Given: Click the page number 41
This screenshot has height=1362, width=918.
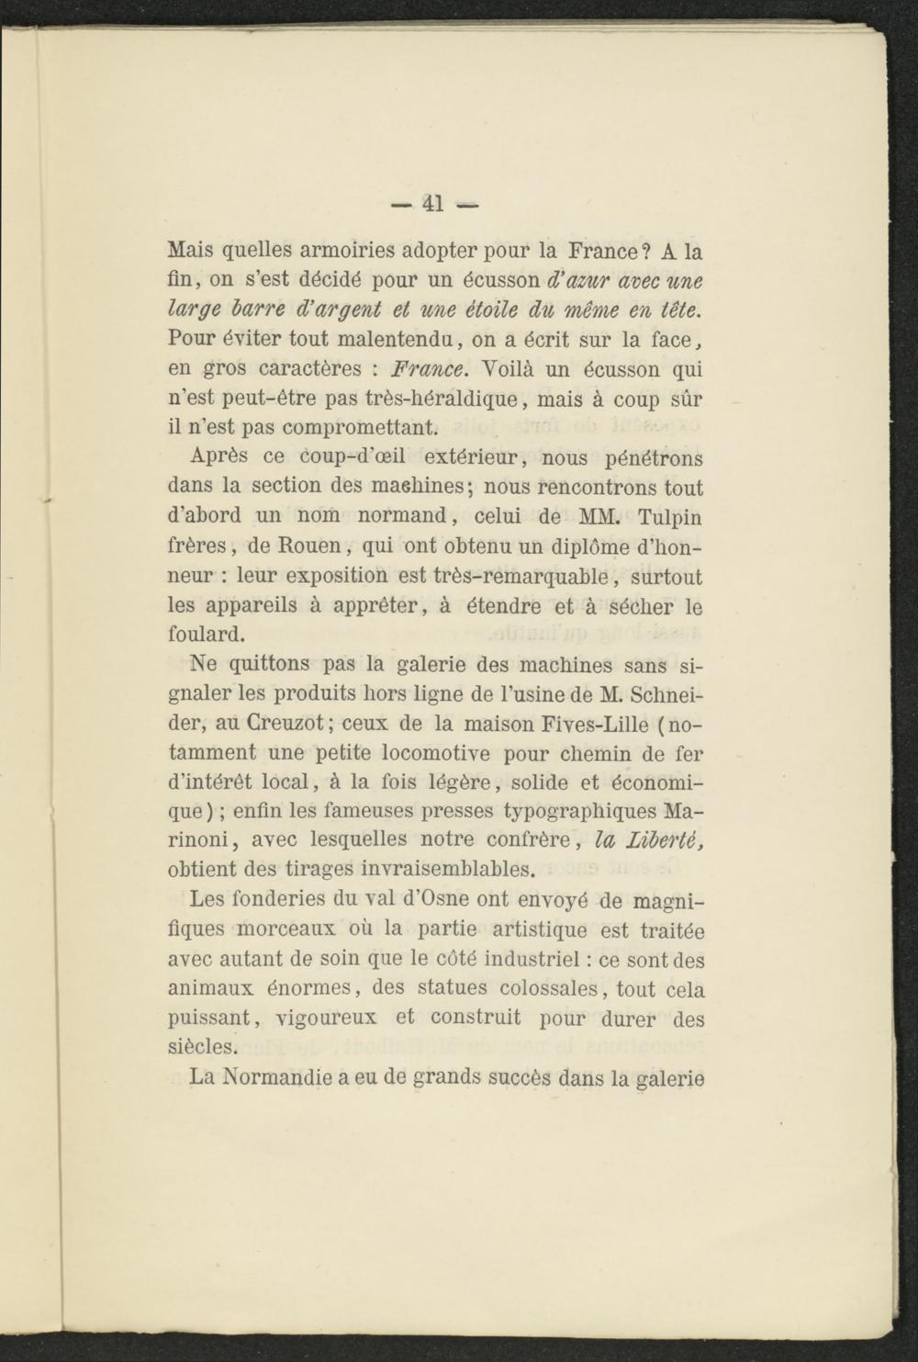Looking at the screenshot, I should [432, 204].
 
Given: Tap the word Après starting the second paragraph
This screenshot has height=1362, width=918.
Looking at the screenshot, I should [223, 456].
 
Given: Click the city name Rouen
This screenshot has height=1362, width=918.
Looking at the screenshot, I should [308, 546].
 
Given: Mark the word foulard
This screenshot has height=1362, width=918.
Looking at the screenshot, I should [207, 634].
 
